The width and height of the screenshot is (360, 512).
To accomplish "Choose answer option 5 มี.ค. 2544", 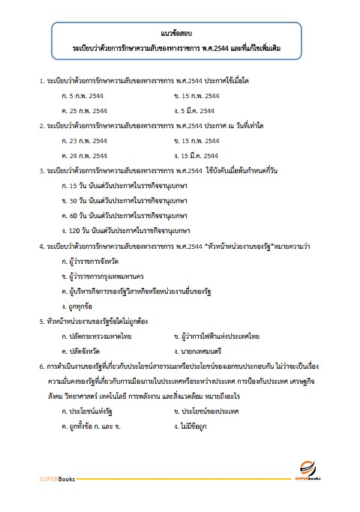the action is (x=196, y=111).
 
